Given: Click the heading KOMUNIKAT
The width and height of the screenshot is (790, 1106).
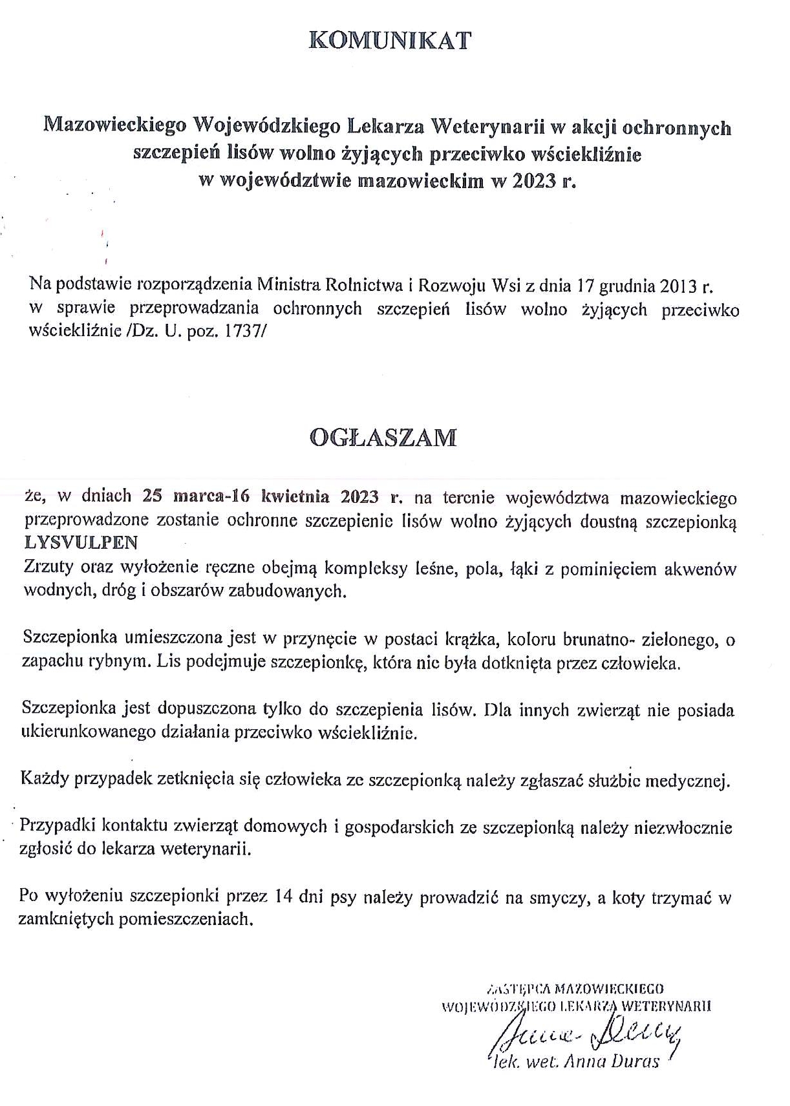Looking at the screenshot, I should pos(390,41).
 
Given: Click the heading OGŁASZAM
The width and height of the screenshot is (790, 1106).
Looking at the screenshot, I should pos(383,438).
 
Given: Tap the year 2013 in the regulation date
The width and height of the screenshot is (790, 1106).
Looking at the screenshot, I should pos(675,285).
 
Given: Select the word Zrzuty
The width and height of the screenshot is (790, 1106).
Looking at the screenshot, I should pos(48,568).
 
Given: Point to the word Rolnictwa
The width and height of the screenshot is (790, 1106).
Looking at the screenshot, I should pos(364,285).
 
